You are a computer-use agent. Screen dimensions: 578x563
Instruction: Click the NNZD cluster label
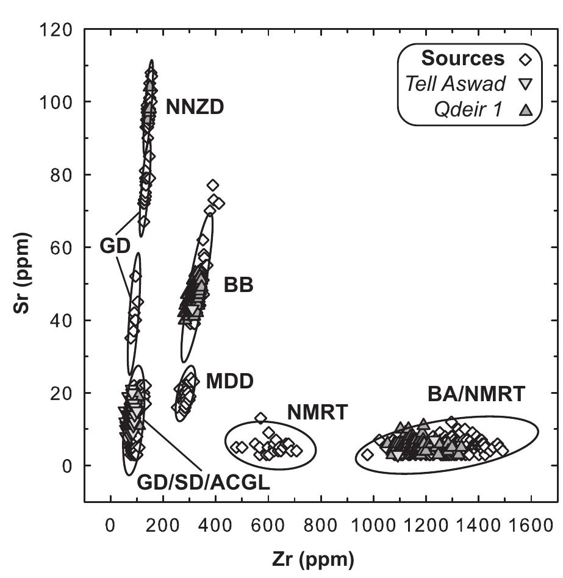(x=195, y=109)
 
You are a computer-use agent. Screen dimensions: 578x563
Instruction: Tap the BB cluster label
(x=238, y=285)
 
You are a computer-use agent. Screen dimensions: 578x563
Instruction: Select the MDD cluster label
(x=229, y=382)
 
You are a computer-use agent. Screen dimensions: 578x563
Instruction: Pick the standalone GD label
(x=114, y=247)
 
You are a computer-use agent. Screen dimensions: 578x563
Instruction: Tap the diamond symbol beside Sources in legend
(x=525, y=60)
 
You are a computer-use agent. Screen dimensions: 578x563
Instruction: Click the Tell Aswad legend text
(x=456, y=84)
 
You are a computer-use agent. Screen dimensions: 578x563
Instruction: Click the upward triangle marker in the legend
(x=525, y=110)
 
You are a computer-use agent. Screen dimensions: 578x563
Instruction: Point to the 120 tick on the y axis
(x=59, y=29)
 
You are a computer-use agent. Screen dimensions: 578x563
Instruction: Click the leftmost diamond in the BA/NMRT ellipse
(x=367, y=454)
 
